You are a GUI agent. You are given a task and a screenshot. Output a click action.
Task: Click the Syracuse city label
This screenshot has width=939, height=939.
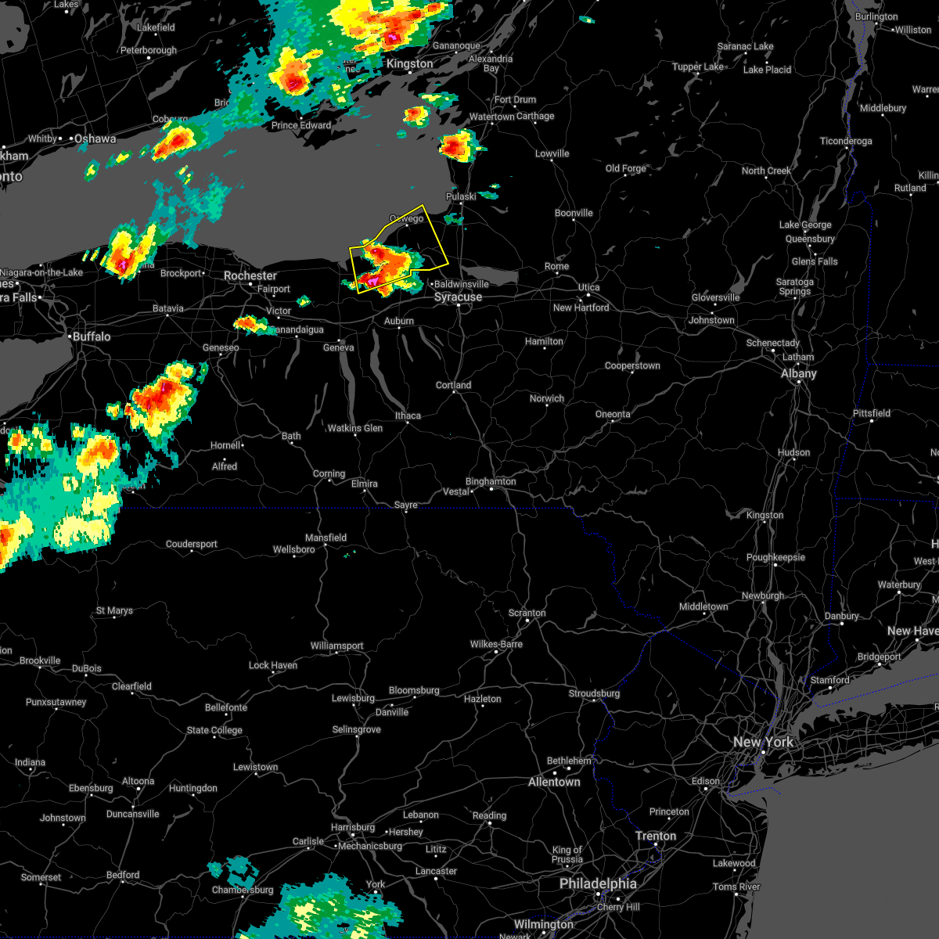[458, 297]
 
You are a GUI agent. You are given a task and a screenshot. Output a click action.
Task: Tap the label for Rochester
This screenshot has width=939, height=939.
[250, 276]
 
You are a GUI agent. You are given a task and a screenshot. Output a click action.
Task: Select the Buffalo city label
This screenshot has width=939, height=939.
[92, 336]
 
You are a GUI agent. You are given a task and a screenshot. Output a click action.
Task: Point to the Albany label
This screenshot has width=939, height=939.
[798, 374]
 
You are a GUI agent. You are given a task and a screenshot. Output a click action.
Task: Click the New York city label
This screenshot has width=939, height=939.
[763, 742]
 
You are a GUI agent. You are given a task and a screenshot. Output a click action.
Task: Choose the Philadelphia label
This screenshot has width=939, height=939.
[598, 883]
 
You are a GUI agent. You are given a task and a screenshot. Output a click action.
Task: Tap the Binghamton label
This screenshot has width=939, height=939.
[491, 482]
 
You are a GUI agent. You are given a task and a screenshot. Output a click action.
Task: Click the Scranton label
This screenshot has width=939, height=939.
[527, 613]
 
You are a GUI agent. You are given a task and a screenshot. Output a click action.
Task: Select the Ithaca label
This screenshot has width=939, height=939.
[408, 416]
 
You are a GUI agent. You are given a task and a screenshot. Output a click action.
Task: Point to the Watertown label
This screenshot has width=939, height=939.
[491, 117]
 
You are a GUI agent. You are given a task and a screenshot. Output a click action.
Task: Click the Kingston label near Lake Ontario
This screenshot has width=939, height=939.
[409, 64]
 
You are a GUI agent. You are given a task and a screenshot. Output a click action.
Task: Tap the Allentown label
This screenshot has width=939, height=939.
[554, 782]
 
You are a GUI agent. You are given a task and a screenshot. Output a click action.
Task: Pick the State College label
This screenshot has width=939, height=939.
[214, 730]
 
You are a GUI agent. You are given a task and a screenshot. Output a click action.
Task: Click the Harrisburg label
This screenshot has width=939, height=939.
[353, 827]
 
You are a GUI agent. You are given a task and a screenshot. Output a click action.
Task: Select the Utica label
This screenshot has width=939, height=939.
[588, 287]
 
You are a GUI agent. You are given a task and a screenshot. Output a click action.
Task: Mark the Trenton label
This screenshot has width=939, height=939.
[655, 836]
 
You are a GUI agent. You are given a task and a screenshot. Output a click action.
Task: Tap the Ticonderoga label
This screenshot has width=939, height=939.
[845, 141]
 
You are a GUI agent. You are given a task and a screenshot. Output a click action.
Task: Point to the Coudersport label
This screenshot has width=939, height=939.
[191, 544]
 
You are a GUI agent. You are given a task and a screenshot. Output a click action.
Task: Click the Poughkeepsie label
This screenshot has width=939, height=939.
[775, 557]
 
